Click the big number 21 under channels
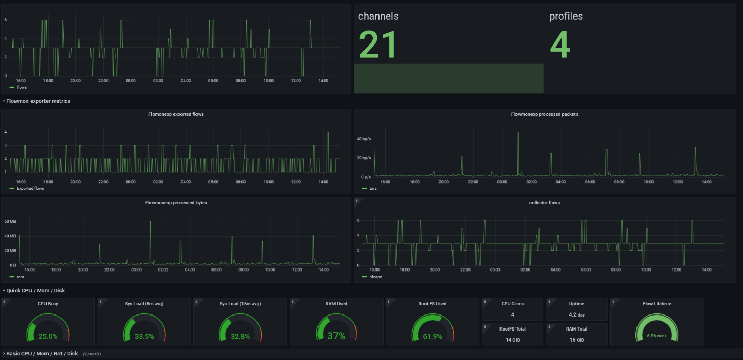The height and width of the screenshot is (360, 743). [x=377, y=44]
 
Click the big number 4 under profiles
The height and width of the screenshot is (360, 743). [x=559, y=44]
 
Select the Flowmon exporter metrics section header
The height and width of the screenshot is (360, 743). [x=38, y=101]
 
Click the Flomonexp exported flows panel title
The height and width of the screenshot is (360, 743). [x=176, y=114]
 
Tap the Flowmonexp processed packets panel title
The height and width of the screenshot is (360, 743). [x=544, y=114]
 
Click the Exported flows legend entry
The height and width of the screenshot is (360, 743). [x=30, y=188]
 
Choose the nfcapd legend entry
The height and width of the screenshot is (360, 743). [x=375, y=277]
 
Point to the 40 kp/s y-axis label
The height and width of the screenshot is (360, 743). [x=363, y=139]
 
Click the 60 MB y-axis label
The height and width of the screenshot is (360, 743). [x=10, y=221]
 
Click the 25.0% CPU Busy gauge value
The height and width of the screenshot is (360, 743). [x=48, y=336]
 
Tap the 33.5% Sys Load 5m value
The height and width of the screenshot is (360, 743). [x=144, y=336]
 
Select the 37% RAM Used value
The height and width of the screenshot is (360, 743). [x=336, y=336]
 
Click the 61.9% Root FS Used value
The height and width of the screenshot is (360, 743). [x=432, y=336]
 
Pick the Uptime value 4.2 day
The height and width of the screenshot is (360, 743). [x=576, y=314]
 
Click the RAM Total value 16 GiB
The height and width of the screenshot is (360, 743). [x=576, y=340]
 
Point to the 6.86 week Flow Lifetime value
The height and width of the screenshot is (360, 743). [x=657, y=336]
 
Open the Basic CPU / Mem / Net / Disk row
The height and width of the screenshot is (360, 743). [x=42, y=354]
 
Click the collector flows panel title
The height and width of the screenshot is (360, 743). [x=544, y=203]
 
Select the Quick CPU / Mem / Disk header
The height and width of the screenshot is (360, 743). [x=36, y=290]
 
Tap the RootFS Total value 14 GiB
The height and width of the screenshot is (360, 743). [x=513, y=340]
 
